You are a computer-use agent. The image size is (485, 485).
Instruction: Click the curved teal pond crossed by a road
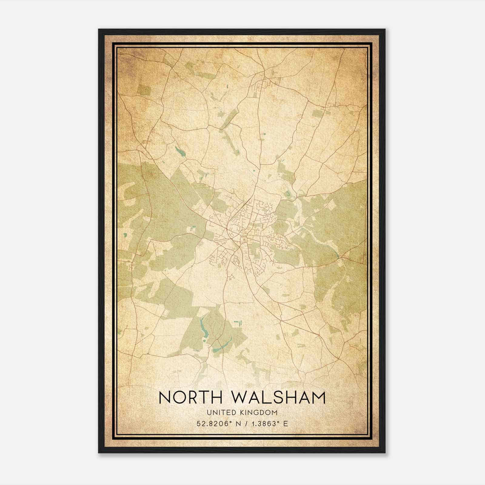click(x=222, y=346)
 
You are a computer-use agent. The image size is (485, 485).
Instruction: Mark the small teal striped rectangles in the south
click(x=237, y=323)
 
